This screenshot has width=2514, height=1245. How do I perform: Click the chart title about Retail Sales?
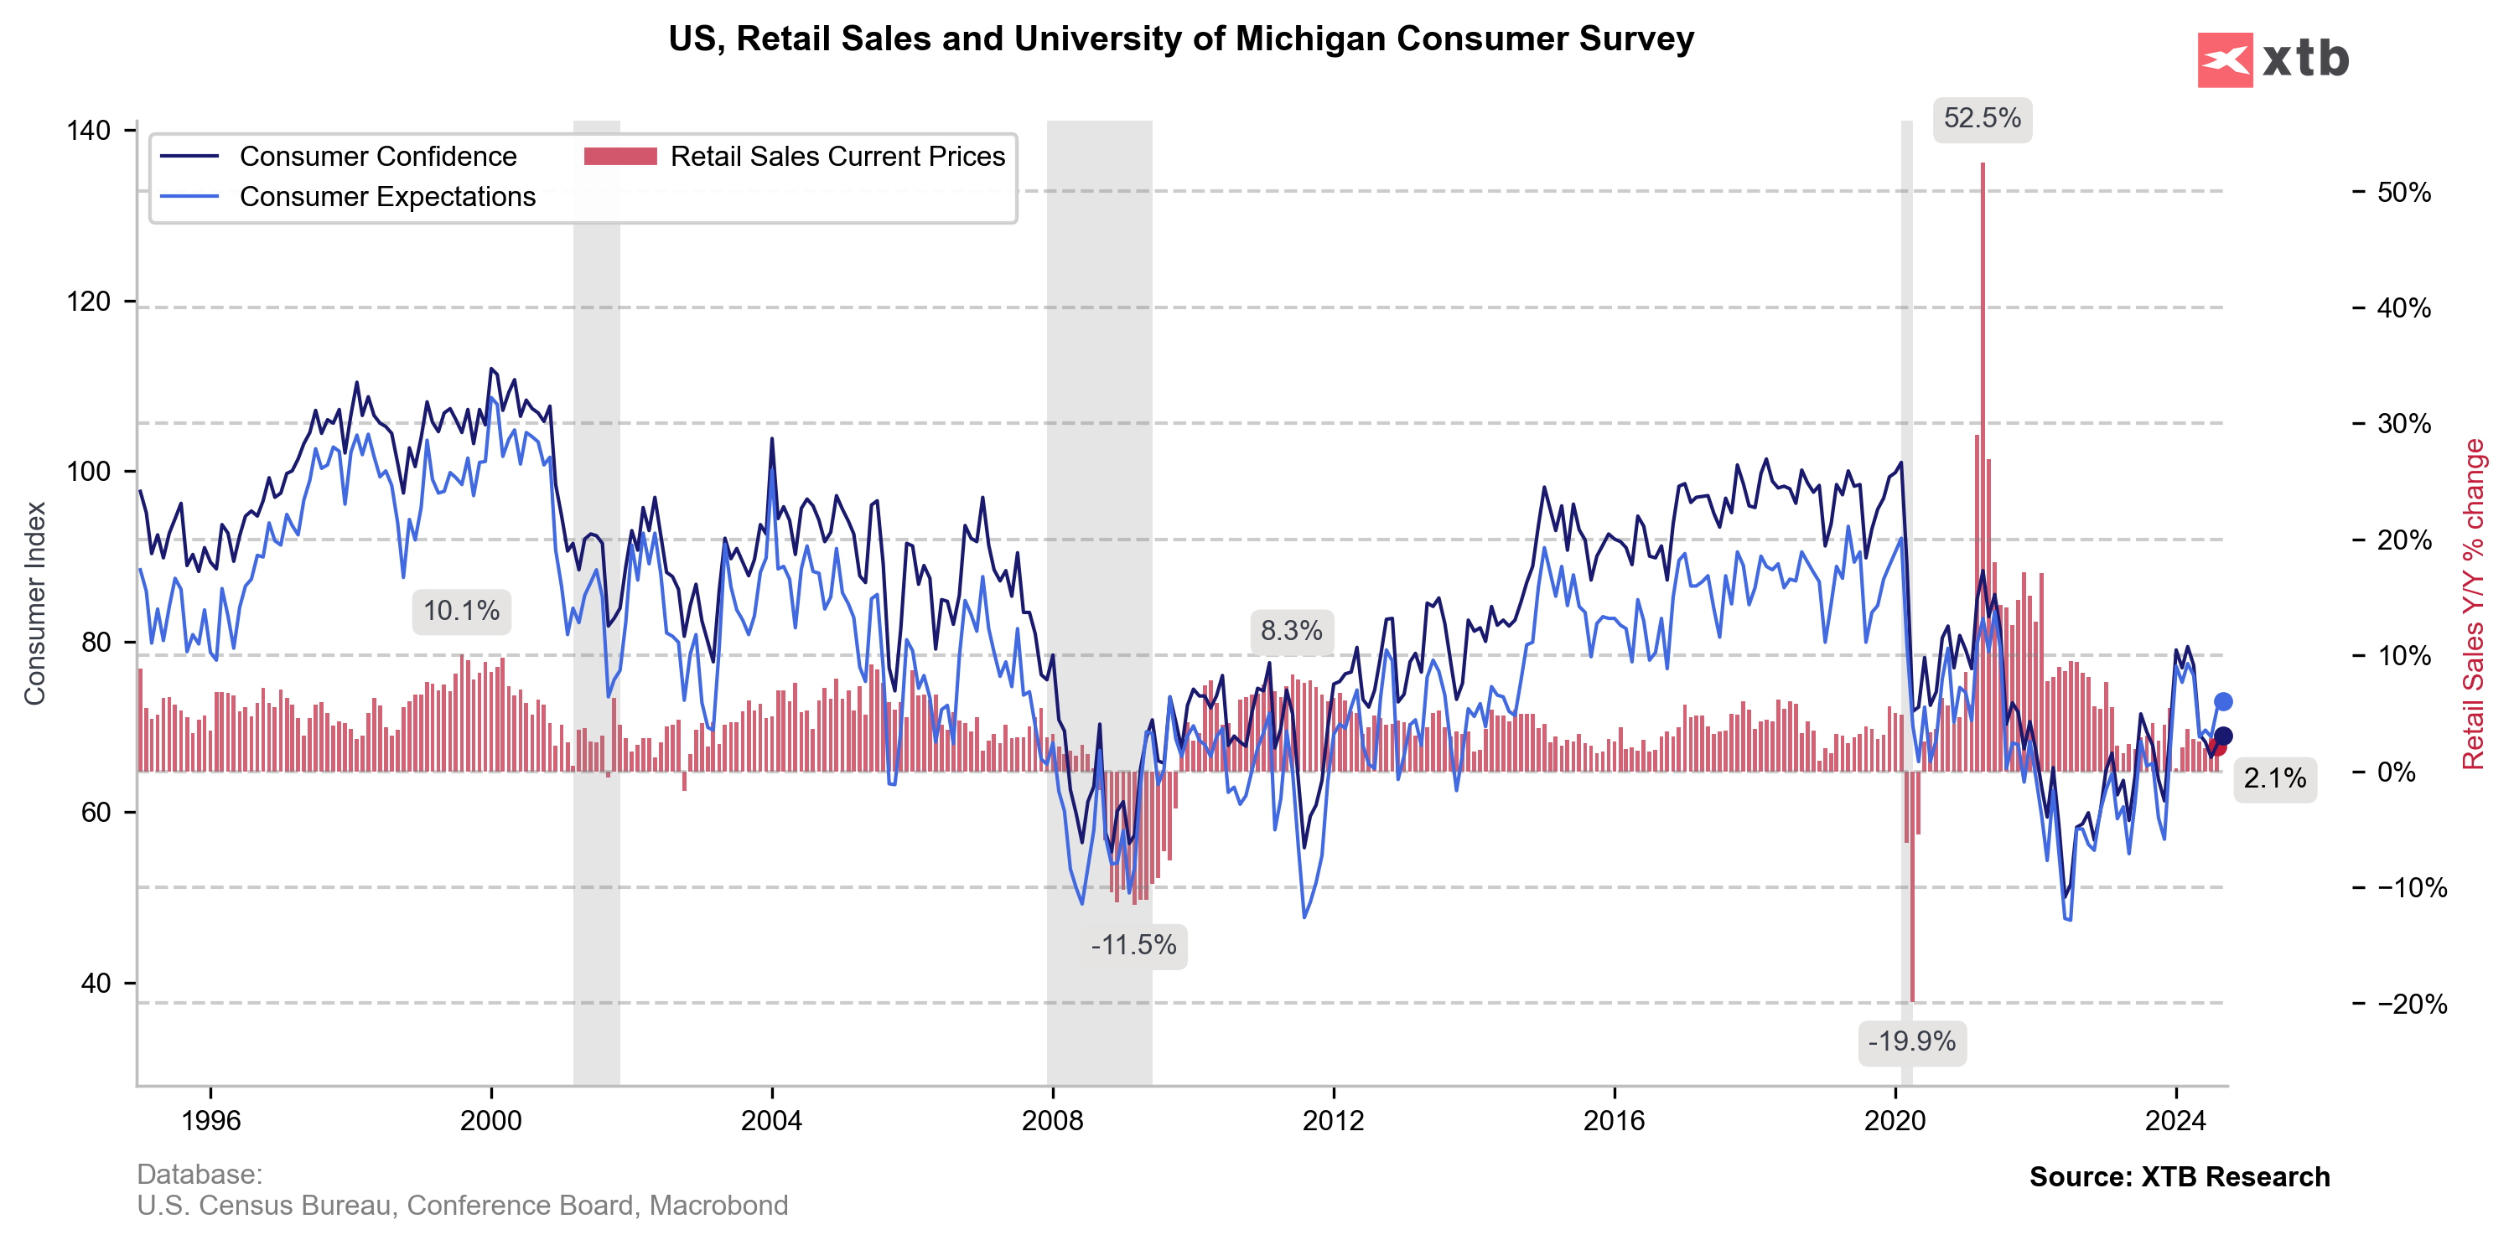(x=1181, y=39)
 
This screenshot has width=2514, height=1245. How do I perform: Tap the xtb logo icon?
(x=2224, y=59)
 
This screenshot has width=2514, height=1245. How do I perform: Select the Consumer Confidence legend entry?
(x=378, y=156)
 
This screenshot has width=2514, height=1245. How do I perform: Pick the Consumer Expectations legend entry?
(x=387, y=196)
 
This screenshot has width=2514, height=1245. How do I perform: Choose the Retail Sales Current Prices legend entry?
(x=837, y=156)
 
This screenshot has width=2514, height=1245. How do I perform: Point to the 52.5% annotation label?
(x=1983, y=118)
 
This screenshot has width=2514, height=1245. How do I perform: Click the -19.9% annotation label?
(x=1911, y=1041)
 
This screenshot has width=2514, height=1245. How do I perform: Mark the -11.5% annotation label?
(x=1133, y=944)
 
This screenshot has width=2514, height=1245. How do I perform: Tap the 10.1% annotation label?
(x=461, y=611)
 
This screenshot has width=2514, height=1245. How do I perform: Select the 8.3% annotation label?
(x=1291, y=630)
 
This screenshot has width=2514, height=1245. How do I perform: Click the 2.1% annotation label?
(x=2274, y=777)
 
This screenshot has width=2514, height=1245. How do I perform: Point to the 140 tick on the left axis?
(x=88, y=131)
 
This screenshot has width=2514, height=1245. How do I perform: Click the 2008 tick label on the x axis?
(x=1052, y=1120)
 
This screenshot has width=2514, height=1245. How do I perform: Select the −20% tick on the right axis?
(x=2412, y=1004)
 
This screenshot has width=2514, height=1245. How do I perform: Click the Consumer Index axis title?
(x=35, y=603)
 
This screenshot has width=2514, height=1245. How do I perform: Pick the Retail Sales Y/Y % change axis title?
(x=2472, y=603)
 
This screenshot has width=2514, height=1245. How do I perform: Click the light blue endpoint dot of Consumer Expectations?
(x=2222, y=701)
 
